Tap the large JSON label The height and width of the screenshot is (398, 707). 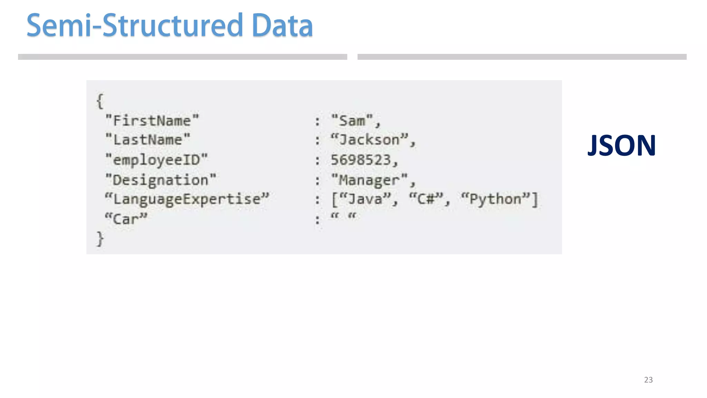pos(621,145)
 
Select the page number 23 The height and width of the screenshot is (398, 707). pos(648,380)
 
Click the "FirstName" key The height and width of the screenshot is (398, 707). pos(152,121)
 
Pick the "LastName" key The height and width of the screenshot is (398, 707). pos(148,140)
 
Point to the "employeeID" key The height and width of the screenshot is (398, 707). pos(156,160)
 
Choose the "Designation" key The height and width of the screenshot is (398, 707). pos(161,180)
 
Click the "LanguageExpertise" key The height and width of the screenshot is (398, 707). pos(187,199)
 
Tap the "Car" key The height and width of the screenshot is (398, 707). pos(126,219)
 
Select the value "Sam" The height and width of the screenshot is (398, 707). pos(352,121)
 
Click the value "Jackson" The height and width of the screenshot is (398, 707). pos(369,140)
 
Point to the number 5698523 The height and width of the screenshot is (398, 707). pos(361,160)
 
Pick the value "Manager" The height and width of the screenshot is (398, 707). pos(369,180)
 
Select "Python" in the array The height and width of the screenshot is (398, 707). pos(495,199)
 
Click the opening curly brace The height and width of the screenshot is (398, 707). pos(100,101)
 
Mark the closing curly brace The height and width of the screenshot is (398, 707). pos(100,239)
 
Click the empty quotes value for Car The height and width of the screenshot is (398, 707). pos(343,217)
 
